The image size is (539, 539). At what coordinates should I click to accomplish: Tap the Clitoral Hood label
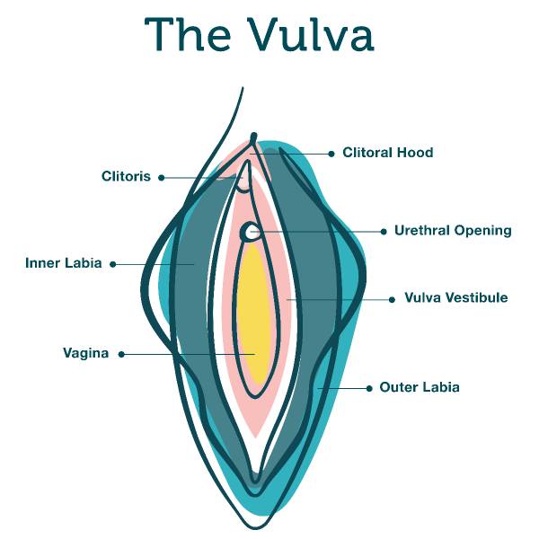(387, 153)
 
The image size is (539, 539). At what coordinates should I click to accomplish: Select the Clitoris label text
(126, 177)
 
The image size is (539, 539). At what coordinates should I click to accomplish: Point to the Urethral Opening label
(453, 231)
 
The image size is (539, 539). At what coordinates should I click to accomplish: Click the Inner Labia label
(64, 264)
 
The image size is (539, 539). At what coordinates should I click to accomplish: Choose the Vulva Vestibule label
(456, 298)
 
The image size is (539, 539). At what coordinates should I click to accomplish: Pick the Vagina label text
(85, 354)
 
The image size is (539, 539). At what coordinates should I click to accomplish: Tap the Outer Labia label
(420, 388)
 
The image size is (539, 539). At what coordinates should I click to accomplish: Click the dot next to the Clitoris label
(162, 178)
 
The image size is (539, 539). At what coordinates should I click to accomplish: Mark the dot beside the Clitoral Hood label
(331, 154)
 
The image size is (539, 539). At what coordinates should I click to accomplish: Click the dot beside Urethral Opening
(384, 232)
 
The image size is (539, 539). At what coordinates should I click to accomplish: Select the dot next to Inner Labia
(112, 264)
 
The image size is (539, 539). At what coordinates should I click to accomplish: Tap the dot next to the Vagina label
(122, 354)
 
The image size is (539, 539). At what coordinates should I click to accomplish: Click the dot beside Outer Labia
(369, 388)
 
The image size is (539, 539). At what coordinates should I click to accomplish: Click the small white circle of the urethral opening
(250, 233)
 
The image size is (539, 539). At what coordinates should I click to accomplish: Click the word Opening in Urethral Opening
(482, 231)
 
